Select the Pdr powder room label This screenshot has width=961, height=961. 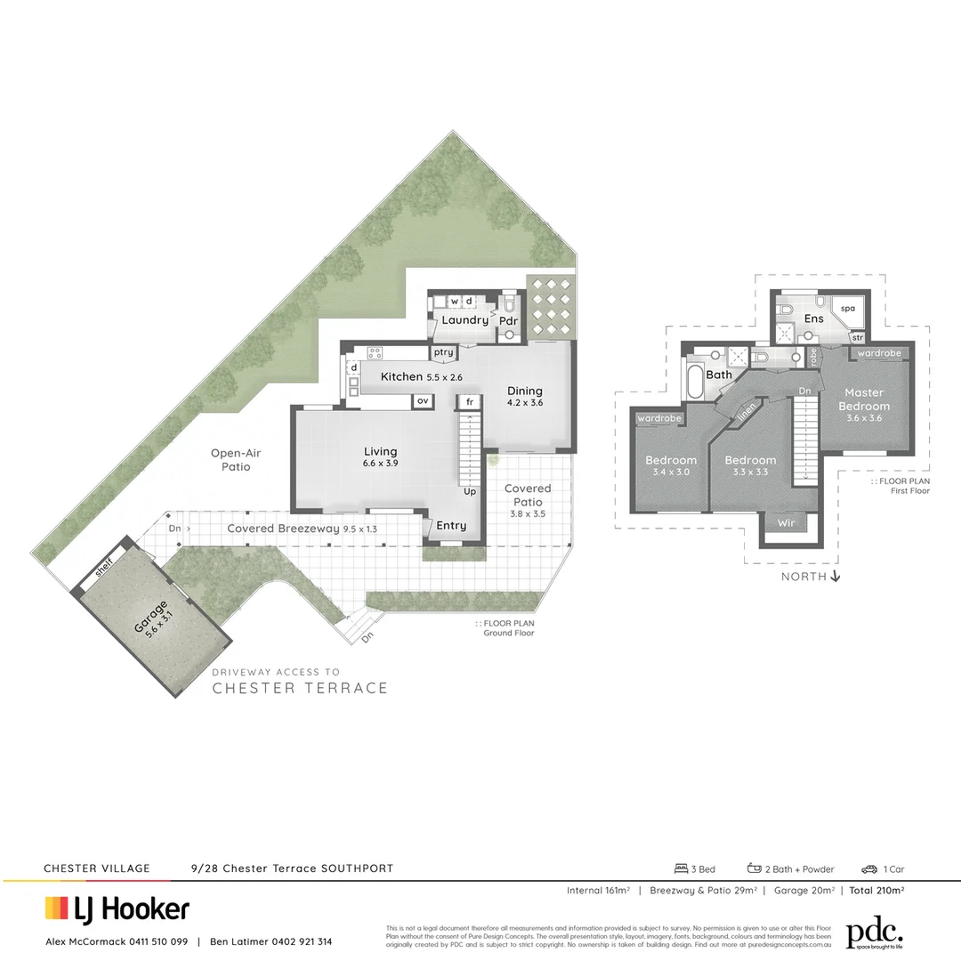click(x=508, y=320)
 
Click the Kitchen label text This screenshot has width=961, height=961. click(x=401, y=376)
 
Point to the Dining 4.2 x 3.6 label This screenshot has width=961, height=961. click(x=525, y=396)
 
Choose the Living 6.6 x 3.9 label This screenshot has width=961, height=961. click(x=380, y=457)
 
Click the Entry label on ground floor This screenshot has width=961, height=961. click(x=451, y=526)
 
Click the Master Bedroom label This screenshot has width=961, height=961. click(x=864, y=400)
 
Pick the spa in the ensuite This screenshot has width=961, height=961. click(x=848, y=308)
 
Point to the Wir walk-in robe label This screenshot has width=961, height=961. click(x=786, y=523)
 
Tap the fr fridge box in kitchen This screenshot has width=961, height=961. click(x=469, y=403)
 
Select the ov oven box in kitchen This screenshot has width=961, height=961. click(x=423, y=402)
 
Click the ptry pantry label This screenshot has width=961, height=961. click(x=443, y=353)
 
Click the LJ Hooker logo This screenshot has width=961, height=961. click(x=117, y=909)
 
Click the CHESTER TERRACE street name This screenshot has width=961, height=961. click(x=300, y=688)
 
